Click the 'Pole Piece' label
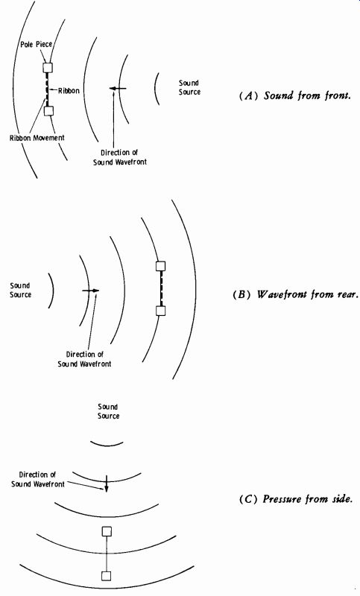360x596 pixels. (x=36, y=45)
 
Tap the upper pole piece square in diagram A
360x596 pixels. (x=48, y=68)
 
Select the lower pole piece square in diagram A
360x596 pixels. (x=48, y=111)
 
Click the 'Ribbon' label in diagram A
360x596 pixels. (x=69, y=91)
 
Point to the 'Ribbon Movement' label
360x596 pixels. (x=37, y=138)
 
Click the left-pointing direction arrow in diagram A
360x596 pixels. (x=118, y=89)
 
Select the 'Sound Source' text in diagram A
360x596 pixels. (x=189, y=87)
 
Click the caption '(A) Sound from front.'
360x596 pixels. (x=294, y=95)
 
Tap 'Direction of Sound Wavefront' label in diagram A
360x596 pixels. (x=120, y=157)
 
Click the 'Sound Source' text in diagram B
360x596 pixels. (x=21, y=290)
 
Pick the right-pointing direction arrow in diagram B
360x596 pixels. (x=90, y=291)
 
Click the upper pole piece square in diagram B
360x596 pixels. (x=161, y=266)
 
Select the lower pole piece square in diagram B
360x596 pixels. (x=161, y=311)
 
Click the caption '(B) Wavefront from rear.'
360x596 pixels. (x=295, y=294)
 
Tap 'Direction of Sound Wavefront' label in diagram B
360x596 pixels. (x=84, y=359)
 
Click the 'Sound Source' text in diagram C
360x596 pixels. (x=108, y=412)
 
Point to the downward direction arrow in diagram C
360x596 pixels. (x=107, y=484)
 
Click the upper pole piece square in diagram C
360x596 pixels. (x=107, y=531)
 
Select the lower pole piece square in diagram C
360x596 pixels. (x=107, y=576)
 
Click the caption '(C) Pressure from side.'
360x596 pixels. (x=296, y=498)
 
